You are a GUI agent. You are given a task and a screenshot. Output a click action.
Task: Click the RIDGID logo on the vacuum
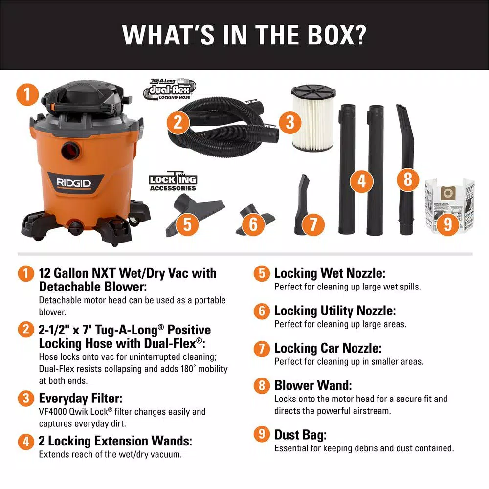74,183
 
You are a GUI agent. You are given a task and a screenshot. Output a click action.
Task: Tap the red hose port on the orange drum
71,150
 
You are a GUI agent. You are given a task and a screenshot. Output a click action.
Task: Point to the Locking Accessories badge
173,181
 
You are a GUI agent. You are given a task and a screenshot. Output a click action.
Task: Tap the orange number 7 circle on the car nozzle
313,224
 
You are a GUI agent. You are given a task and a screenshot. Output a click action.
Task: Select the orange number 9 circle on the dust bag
447,223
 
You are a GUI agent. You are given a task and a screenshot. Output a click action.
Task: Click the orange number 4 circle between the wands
361,181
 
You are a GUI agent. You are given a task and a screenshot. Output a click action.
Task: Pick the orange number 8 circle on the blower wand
408,179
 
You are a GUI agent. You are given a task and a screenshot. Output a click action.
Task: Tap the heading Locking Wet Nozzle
330,273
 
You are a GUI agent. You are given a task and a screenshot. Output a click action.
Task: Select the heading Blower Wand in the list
313,385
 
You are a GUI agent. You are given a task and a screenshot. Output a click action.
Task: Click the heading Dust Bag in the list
300,435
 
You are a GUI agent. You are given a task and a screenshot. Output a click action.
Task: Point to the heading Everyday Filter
81,398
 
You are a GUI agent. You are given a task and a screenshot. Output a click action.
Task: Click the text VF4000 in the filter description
53,412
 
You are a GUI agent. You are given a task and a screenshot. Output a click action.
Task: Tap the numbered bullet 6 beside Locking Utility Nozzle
261,311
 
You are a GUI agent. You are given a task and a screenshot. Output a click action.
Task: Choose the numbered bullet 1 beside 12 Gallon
26,273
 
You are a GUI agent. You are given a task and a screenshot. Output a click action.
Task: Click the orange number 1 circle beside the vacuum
27,94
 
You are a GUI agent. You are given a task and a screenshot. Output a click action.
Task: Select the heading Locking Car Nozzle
328,348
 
